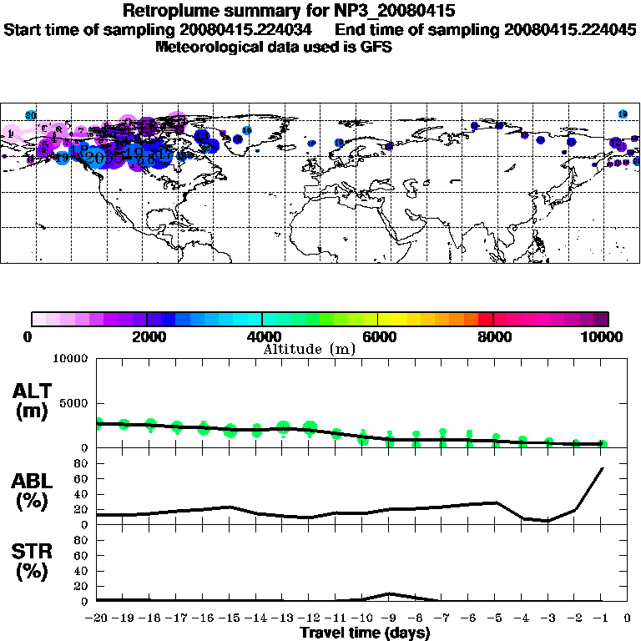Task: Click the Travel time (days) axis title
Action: click(365, 633)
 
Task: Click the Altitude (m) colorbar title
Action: click(310, 349)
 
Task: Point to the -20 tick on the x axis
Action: click(97, 618)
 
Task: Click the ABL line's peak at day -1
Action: click(603, 468)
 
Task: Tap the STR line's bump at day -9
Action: click(390, 593)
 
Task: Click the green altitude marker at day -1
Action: click(603, 444)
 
